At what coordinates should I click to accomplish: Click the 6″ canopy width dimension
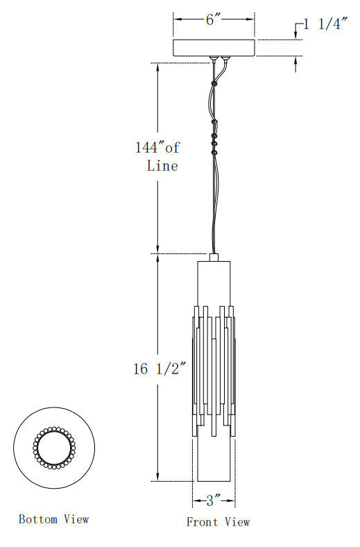pos(213,20)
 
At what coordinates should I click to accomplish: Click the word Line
pos(162,166)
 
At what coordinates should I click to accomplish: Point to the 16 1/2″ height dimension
pos(161,369)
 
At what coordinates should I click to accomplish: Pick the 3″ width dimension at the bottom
pos(214,499)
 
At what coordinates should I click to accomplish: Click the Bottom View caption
pos(53,519)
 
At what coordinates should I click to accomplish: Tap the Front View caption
pos(218,522)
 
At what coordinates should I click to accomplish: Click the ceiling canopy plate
pos(214,47)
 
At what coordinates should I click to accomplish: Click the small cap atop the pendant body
pos(213,257)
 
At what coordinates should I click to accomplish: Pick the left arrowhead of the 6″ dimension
pos(176,20)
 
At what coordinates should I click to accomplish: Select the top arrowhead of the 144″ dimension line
pos(158,67)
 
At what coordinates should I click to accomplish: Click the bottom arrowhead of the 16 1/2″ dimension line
pos(158,477)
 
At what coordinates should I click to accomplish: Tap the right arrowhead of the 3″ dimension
pos(232,499)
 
